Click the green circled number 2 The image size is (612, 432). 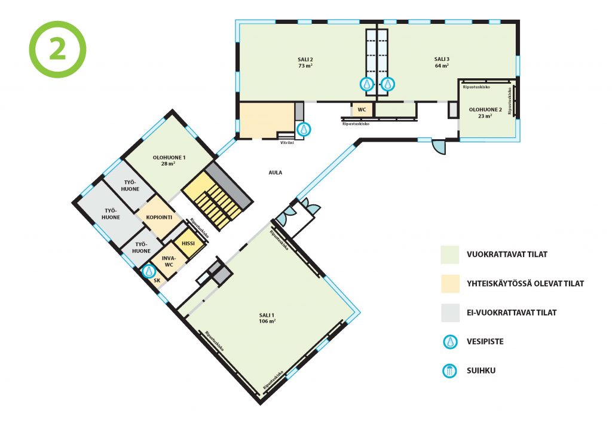pos(57,50)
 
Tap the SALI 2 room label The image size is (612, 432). pos(305,62)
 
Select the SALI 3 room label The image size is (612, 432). pos(442,62)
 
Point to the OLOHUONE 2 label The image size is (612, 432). pos(485,113)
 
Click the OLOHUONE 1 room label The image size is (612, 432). pos(169,160)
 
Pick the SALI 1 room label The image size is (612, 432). pos(267,318)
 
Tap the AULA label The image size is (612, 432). pos(275,173)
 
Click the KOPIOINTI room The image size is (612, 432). pos(159,217)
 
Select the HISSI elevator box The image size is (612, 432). pos(188,244)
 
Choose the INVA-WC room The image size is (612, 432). pos(169,261)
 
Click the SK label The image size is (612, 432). pos(157,281)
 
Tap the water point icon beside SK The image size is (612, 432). pos(148,271)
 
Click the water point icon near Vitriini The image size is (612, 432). pos(304,129)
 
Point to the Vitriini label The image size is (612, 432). pos(287,143)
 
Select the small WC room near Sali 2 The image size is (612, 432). pos(362,110)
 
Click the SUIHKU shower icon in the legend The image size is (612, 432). pos(449,370)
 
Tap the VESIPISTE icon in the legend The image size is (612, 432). pos(451,342)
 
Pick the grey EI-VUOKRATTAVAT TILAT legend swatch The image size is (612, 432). pos(450,312)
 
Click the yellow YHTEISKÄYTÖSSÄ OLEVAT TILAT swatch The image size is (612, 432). pos(450,284)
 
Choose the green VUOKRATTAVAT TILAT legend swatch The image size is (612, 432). pos(450,255)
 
